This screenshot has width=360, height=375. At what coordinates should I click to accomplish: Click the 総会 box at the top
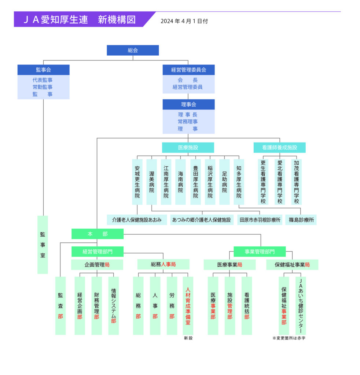[x=133, y=50]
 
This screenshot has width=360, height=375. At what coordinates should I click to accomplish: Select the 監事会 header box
[x=43, y=70]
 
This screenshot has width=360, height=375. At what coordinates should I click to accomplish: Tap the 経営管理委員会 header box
[x=188, y=70]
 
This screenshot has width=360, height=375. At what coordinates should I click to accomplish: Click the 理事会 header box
[x=188, y=104]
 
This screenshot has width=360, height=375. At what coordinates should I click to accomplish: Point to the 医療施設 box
[x=188, y=148]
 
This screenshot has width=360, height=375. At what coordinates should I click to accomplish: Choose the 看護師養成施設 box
[x=279, y=148]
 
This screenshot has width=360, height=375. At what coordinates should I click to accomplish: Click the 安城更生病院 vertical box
[x=137, y=182]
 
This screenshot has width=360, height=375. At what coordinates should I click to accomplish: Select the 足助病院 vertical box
[x=224, y=182]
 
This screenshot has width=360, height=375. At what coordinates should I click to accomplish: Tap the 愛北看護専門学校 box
[x=280, y=182]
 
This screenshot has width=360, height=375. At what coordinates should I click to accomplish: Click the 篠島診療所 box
[x=301, y=220]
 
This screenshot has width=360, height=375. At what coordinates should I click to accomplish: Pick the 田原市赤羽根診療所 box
[x=260, y=220]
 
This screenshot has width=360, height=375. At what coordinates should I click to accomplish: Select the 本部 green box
[x=98, y=234]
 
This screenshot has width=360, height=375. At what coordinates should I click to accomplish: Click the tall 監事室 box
[x=43, y=244]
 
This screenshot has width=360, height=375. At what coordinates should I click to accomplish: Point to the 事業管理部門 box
[x=260, y=251]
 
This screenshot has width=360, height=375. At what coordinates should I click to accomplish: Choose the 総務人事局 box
[x=163, y=264]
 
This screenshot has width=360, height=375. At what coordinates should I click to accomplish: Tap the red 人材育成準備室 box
[x=188, y=306]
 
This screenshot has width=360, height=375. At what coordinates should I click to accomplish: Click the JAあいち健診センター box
[x=301, y=306]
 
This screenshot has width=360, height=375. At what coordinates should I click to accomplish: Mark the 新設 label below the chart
[x=188, y=338]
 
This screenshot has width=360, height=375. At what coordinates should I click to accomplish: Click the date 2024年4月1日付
[x=184, y=21]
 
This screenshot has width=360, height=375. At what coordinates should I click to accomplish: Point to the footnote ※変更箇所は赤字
[x=289, y=338]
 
